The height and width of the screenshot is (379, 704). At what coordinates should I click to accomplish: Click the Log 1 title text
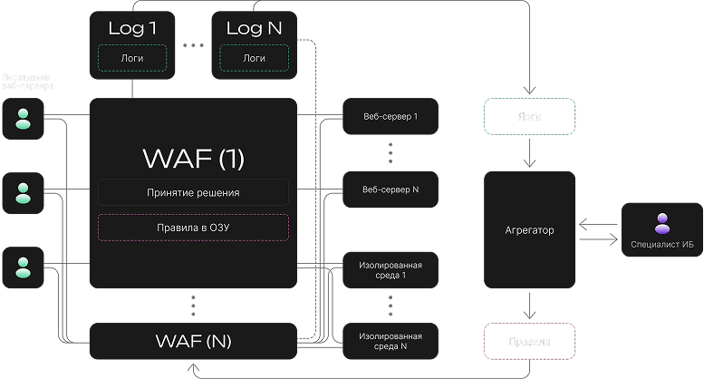pos(132,27)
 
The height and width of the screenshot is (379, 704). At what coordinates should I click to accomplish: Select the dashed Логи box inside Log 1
pos(132,58)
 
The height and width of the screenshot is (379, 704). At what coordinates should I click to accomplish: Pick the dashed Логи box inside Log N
pos(254,58)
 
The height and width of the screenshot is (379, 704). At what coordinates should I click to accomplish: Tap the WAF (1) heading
pos(193,158)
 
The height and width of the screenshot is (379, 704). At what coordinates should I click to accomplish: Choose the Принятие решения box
pos(193,192)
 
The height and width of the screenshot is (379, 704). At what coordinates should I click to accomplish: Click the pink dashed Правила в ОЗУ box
pos(193,227)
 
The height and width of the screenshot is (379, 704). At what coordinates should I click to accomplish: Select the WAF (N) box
pos(193,342)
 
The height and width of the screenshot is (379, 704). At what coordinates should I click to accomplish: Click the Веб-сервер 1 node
pos(391,117)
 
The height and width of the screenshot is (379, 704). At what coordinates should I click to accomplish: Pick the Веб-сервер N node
pos(391,190)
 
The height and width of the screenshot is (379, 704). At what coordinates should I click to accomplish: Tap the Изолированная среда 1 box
pos(391,269)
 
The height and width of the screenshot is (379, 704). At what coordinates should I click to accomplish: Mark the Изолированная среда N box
pos(391,342)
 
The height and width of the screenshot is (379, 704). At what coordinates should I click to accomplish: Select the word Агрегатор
pos(529,230)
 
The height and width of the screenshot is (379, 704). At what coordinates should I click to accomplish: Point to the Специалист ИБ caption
pos(662,243)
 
